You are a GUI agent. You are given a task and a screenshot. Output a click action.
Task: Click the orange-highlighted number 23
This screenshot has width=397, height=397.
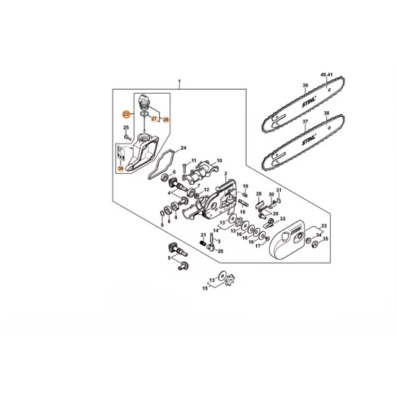[126, 114]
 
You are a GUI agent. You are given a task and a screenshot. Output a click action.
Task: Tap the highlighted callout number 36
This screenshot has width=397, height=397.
[121, 168]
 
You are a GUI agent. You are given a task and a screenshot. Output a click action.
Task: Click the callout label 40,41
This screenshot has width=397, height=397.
[326, 76]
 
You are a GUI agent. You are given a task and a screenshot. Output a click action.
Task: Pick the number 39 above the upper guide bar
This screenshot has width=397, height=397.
[305, 87]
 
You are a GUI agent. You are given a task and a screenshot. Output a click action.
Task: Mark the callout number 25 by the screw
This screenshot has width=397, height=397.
[126, 128]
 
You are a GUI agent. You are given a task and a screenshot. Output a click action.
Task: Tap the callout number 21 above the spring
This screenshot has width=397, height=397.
[204, 235]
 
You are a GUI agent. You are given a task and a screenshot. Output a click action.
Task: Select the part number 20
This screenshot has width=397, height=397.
[220, 250]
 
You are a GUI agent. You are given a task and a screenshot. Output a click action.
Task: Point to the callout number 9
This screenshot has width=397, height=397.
[162, 224]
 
